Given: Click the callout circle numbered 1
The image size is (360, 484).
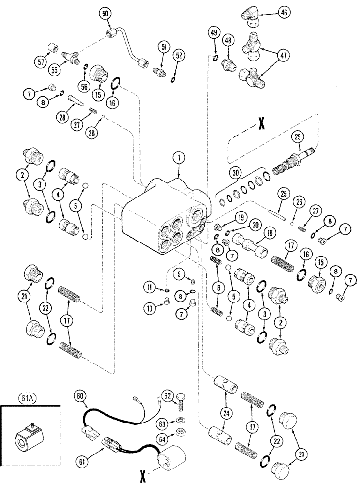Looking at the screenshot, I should [x=179, y=157].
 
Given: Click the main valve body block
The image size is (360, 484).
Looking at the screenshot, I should [x=165, y=218].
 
